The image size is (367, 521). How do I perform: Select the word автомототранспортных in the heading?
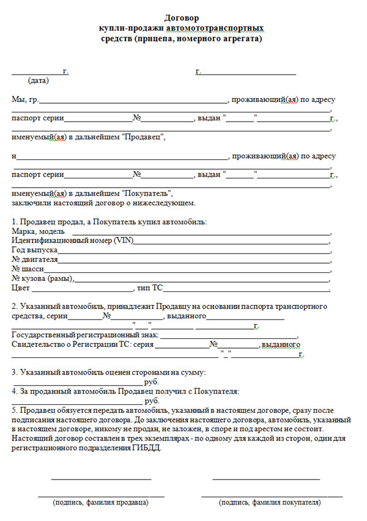tap(218, 29)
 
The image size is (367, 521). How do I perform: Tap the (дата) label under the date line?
tap(39, 81)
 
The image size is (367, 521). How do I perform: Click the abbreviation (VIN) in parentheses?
tap(122, 241)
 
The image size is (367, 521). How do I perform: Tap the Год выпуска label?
tap(35, 250)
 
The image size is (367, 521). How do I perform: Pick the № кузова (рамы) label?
tap(42, 279)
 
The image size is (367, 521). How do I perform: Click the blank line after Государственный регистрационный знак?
tap(229, 335)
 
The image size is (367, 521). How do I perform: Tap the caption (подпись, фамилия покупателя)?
tap(270, 503)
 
